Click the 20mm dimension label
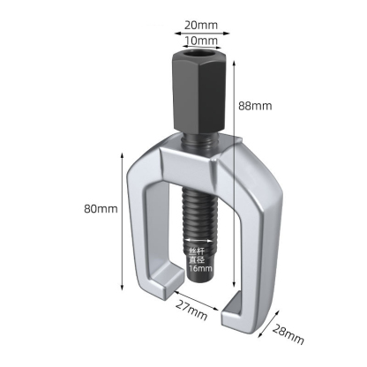pos(201,26)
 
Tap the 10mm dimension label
pos(201,41)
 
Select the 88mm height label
pos(255,106)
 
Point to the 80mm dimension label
pos(101,209)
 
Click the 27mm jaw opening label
pos(191,311)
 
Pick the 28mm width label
pos(288,333)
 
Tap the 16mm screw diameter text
pos(200,268)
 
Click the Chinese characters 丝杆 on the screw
pos(197,251)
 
